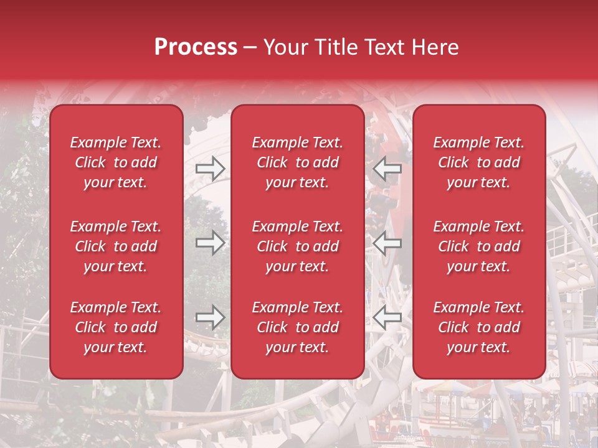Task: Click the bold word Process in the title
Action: pyautogui.click(x=196, y=47)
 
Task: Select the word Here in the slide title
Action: pyautogui.click(x=435, y=47)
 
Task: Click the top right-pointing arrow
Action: pyautogui.click(x=211, y=169)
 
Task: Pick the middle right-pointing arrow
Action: pyautogui.click(x=211, y=243)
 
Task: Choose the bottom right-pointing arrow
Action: pyautogui.click(x=211, y=318)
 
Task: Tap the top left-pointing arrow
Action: pyautogui.click(x=387, y=169)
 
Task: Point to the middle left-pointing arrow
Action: pyautogui.click(x=387, y=243)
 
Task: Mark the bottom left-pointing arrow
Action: pyautogui.click(x=387, y=318)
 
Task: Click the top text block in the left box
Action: pyautogui.click(x=116, y=162)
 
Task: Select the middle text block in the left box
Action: pyautogui.click(x=116, y=246)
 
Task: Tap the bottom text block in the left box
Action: pyautogui.click(x=116, y=327)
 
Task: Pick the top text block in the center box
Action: pyautogui.click(x=297, y=162)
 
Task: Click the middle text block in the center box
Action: pyautogui.click(x=297, y=246)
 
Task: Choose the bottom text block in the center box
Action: pyautogui.click(x=297, y=327)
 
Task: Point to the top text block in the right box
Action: pyautogui.click(x=478, y=162)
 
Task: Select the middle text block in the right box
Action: pyautogui.click(x=478, y=246)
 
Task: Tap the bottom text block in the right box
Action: pyautogui.click(x=478, y=327)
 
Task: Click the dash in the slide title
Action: pyautogui.click(x=250, y=47)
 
